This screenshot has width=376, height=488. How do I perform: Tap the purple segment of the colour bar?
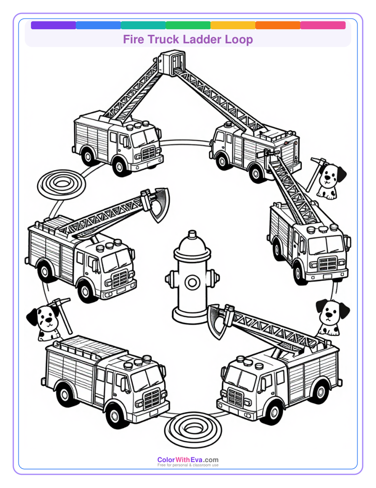click(53, 25)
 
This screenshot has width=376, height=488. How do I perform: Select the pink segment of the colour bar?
click(323, 25)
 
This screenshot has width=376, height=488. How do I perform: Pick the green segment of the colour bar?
click(188, 25)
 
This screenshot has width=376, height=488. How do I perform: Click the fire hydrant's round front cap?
click(192, 283)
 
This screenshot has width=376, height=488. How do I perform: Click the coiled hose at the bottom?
click(191, 428)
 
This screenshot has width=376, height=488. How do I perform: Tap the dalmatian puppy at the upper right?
click(329, 180)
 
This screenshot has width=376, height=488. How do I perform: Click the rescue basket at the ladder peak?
click(169, 63)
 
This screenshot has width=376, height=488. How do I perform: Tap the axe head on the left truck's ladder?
click(160, 203)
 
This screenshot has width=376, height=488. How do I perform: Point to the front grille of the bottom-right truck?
click(235, 399)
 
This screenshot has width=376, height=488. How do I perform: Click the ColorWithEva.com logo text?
click(188, 460)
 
